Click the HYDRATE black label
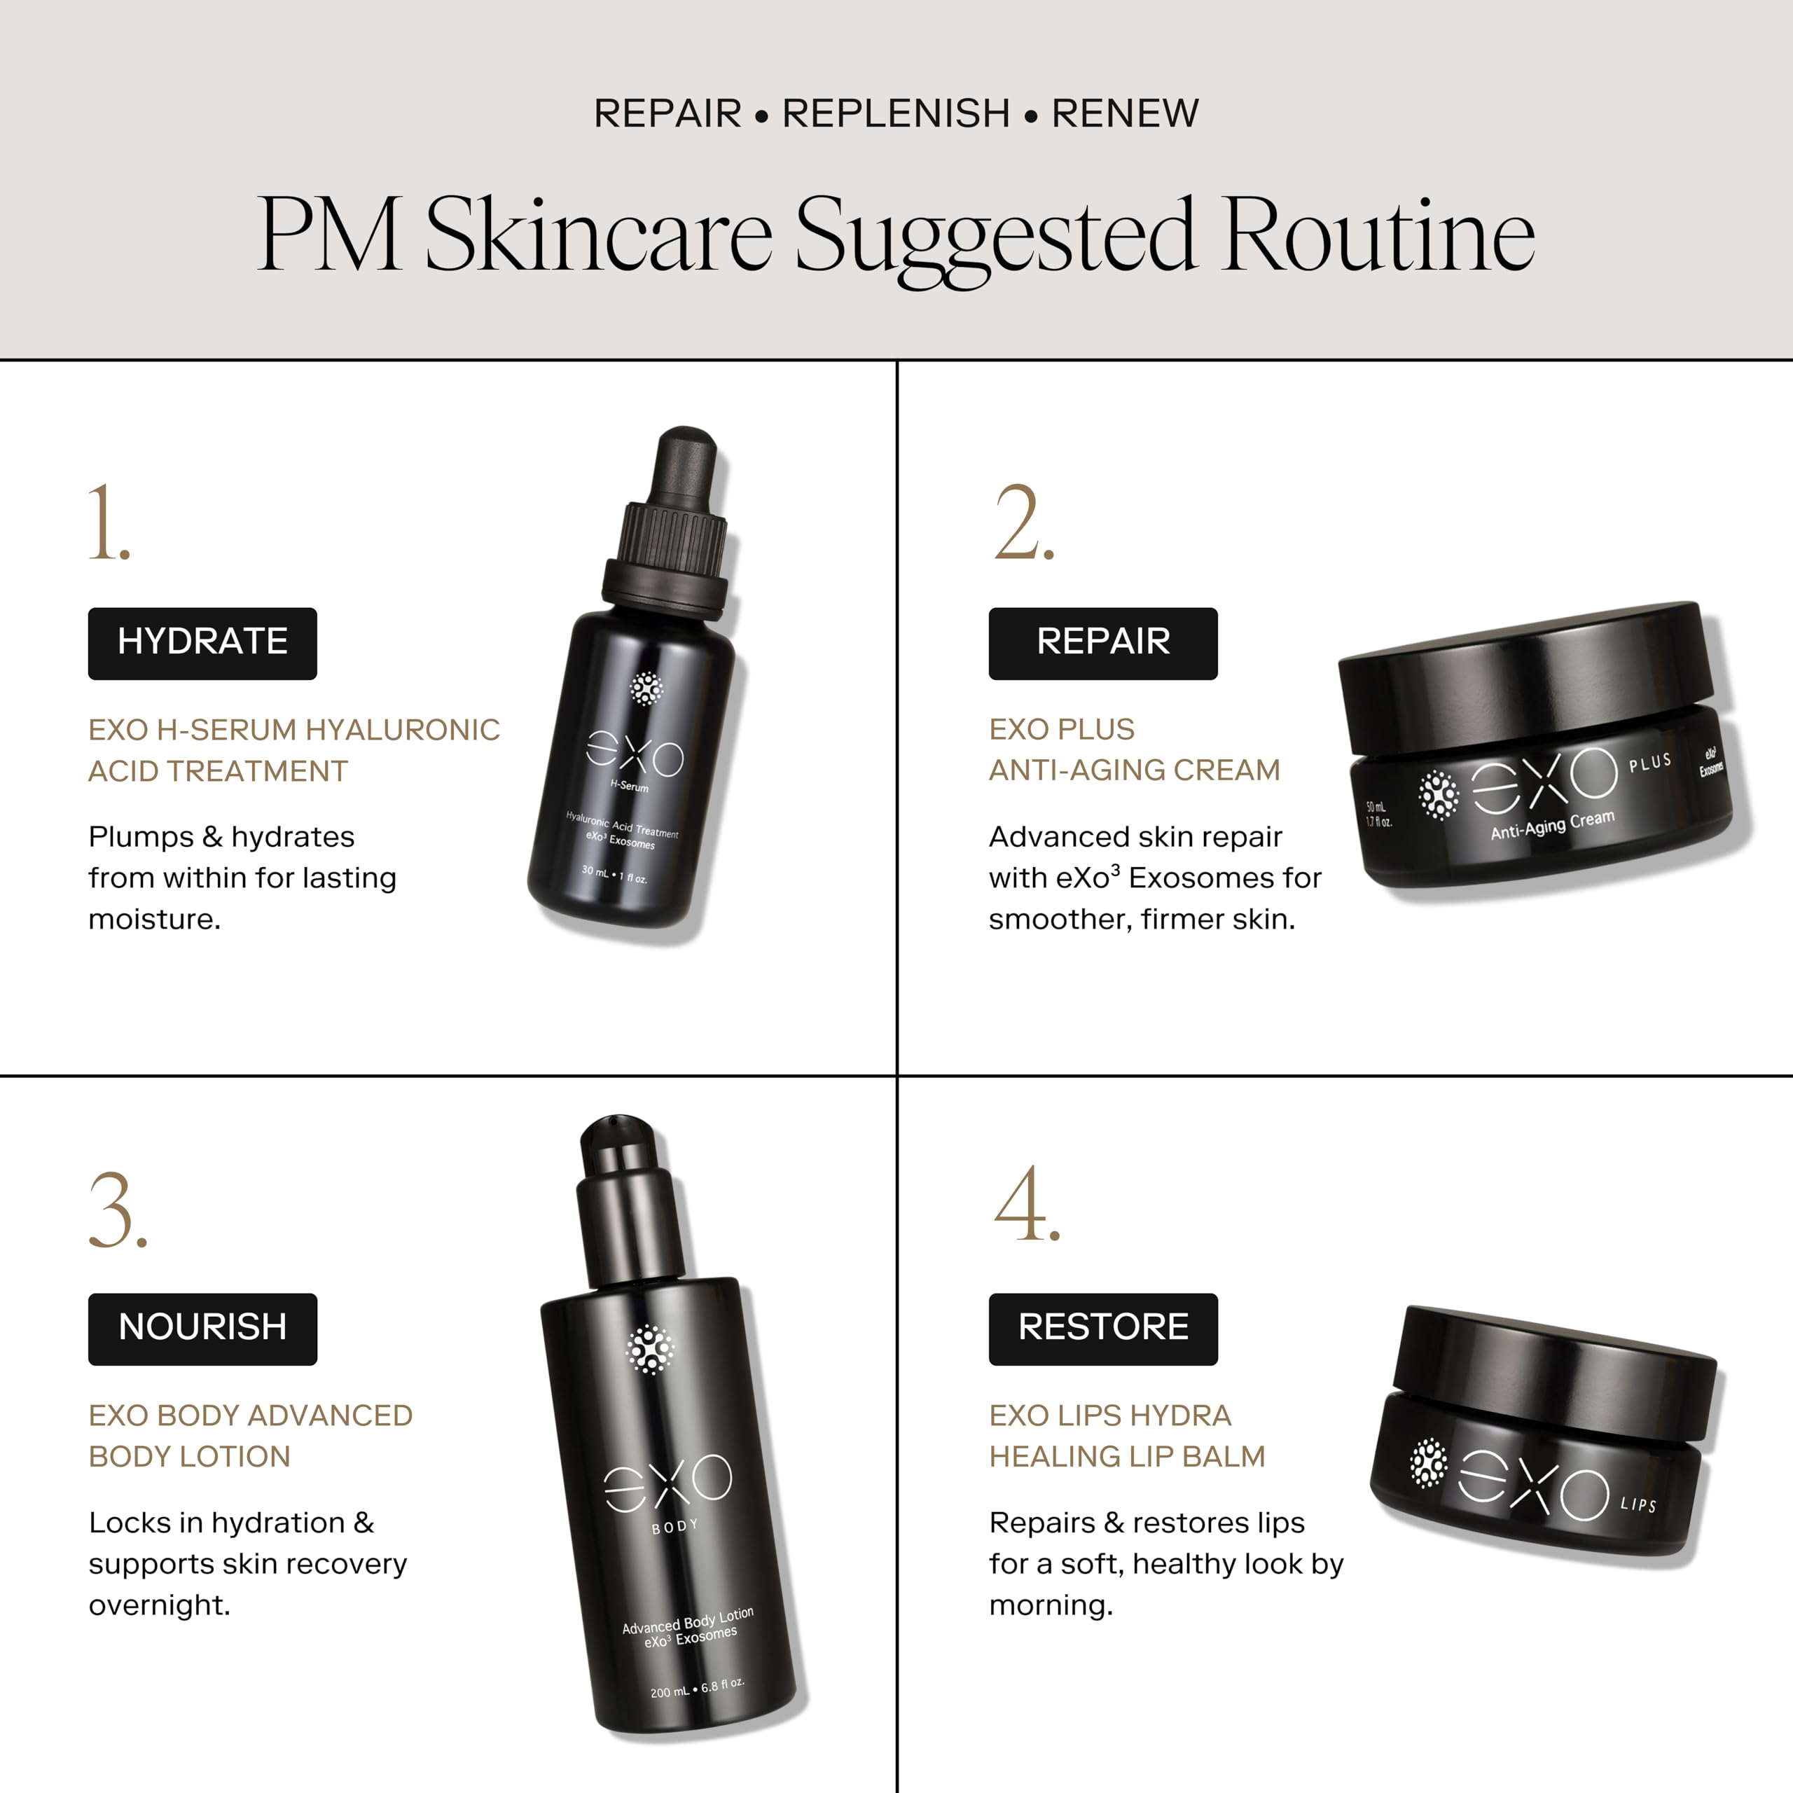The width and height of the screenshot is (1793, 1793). [202, 643]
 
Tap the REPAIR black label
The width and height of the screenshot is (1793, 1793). [1102, 643]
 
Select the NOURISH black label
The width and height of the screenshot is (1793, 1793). [202, 1329]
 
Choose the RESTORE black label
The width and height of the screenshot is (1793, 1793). [1102, 1329]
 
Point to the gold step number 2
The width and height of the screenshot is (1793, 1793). [1024, 522]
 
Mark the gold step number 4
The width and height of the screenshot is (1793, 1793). [1027, 1204]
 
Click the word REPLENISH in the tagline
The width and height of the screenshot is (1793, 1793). [896, 113]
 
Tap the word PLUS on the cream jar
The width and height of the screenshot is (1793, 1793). [1650, 762]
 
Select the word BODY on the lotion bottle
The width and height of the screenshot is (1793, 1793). [674, 1527]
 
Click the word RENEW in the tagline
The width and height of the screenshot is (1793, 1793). [1125, 113]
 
